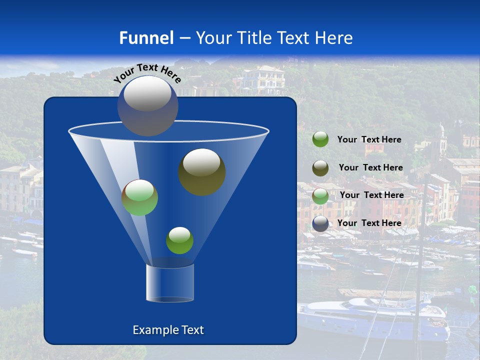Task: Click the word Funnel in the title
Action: (146, 38)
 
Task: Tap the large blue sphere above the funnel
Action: (147, 105)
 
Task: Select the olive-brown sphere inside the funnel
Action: (201, 171)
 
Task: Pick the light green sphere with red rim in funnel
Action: (139, 197)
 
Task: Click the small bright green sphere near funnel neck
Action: (179, 240)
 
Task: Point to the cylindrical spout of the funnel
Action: (170, 283)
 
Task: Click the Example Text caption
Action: (168, 330)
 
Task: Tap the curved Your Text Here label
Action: (147, 72)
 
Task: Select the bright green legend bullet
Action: (320, 139)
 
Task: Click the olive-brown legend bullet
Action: (320, 167)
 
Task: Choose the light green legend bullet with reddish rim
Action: (320, 195)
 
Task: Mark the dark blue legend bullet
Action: (320, 223)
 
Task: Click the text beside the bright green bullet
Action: (369, 139)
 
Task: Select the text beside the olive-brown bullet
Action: (370, 167)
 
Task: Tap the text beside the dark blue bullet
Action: (369, 223)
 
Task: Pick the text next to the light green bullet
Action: (371, 195)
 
